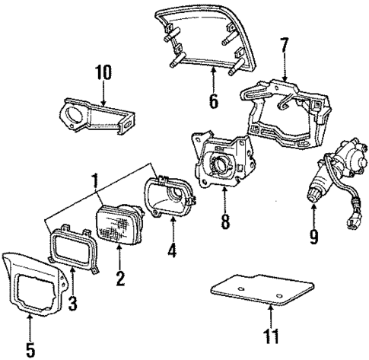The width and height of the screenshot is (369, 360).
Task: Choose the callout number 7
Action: [284, 44]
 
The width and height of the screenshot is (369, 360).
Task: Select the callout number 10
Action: [103, 73]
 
